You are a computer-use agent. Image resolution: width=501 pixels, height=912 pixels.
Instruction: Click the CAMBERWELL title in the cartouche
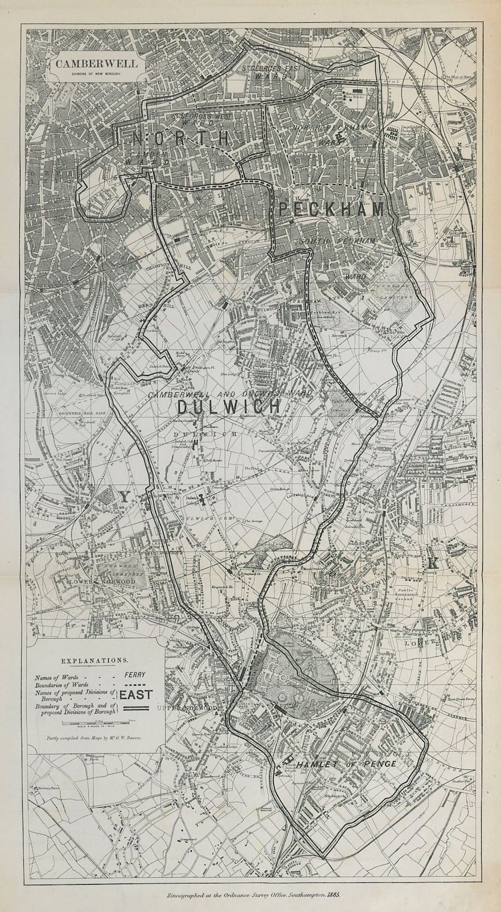[96, 64]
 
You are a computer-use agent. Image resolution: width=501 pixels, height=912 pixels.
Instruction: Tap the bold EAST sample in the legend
[136, 694]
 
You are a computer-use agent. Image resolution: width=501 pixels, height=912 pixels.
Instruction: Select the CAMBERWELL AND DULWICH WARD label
[229, 394]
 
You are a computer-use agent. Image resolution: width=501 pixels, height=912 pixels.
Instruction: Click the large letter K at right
[433, 564]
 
